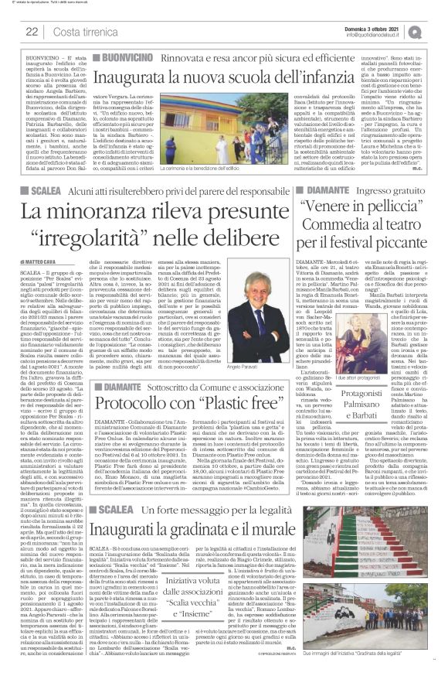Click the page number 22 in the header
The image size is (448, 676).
(32, 31)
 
